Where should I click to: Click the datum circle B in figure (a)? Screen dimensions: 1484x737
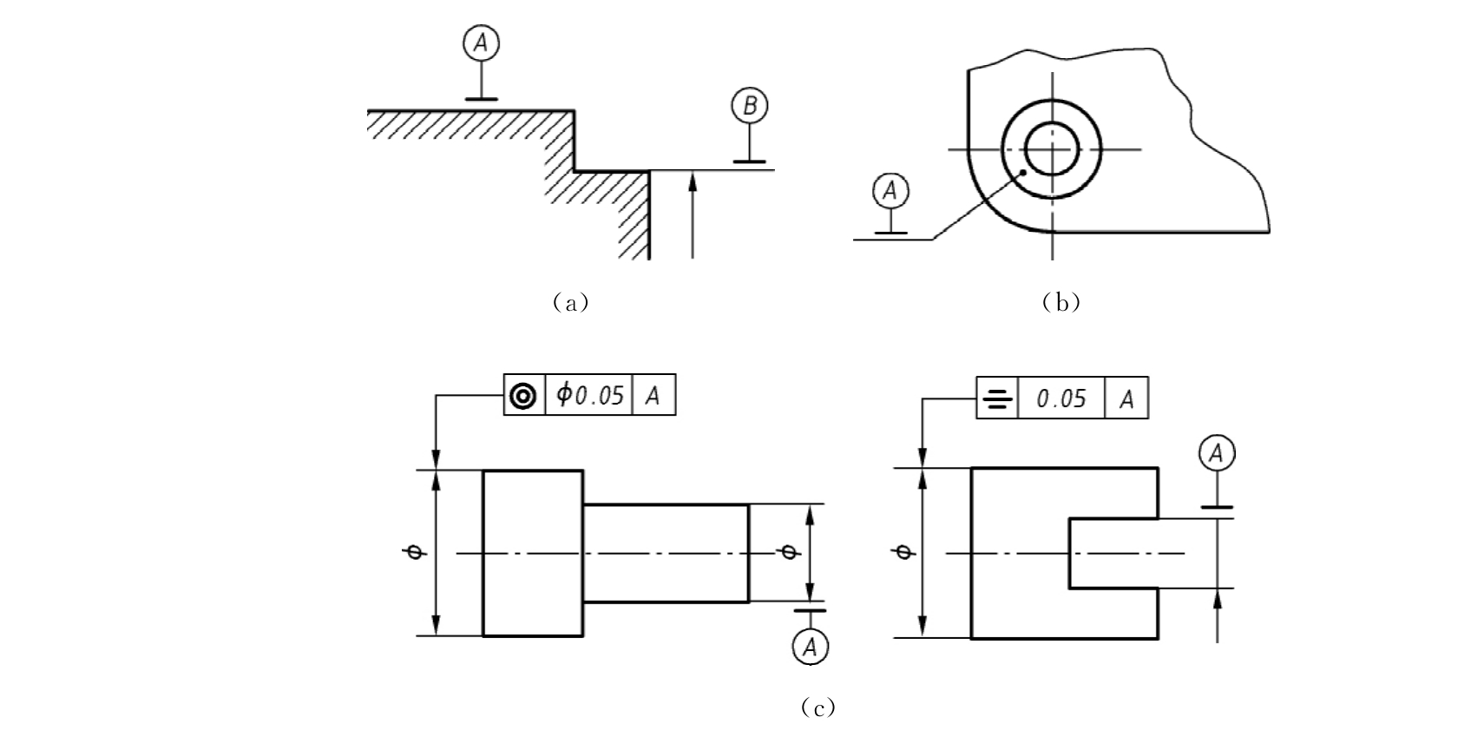750,106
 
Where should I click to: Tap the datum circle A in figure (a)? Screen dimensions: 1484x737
481,43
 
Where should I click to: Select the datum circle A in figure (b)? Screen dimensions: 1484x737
890,191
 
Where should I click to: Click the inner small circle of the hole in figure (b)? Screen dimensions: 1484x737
1052,149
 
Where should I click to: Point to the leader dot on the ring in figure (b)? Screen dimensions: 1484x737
1023,173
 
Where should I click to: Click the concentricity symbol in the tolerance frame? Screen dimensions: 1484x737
523,397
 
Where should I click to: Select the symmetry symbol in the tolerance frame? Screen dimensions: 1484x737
997,398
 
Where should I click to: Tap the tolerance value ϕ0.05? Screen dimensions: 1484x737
589,395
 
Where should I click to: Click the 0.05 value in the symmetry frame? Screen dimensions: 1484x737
1061,398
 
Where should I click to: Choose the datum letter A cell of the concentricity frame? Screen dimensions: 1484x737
653,395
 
